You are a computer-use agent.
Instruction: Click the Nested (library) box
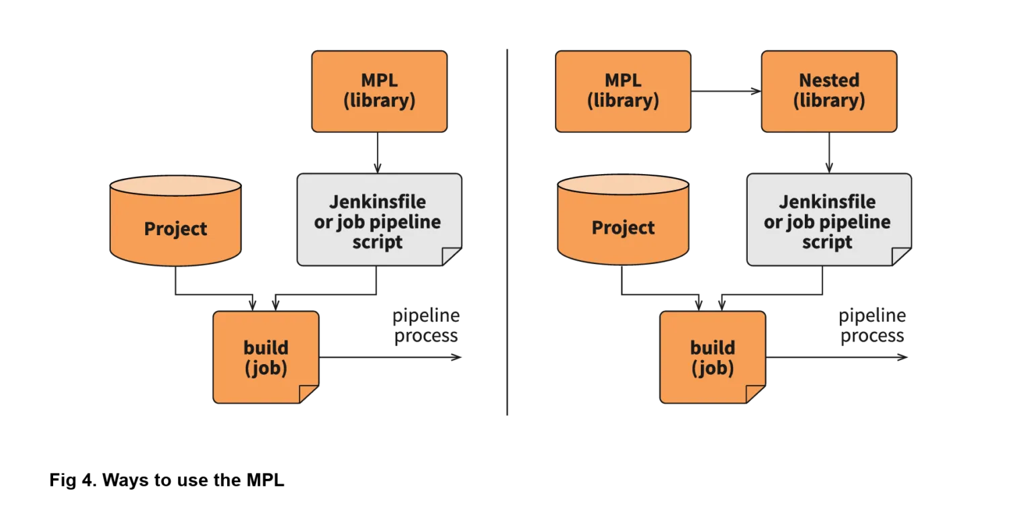[x=828, y=91]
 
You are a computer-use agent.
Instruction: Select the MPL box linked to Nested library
[x=623, y=91]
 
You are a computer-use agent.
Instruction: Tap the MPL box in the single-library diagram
[x=379, y=91]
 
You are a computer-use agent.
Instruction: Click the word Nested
[x=828, y=80]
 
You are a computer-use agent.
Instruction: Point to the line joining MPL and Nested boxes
[x=726, y=91]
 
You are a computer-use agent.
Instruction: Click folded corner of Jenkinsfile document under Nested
[x=902, y=257]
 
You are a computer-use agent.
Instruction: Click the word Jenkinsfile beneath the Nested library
[x=827, y=202]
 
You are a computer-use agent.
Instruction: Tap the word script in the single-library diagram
[x=378, y=242]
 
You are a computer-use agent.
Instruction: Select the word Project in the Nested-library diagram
[x=623, y=228]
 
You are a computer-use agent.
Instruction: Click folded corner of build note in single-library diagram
[x=309, y=394]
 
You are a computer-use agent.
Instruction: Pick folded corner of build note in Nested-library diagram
[x=756, y=394]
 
